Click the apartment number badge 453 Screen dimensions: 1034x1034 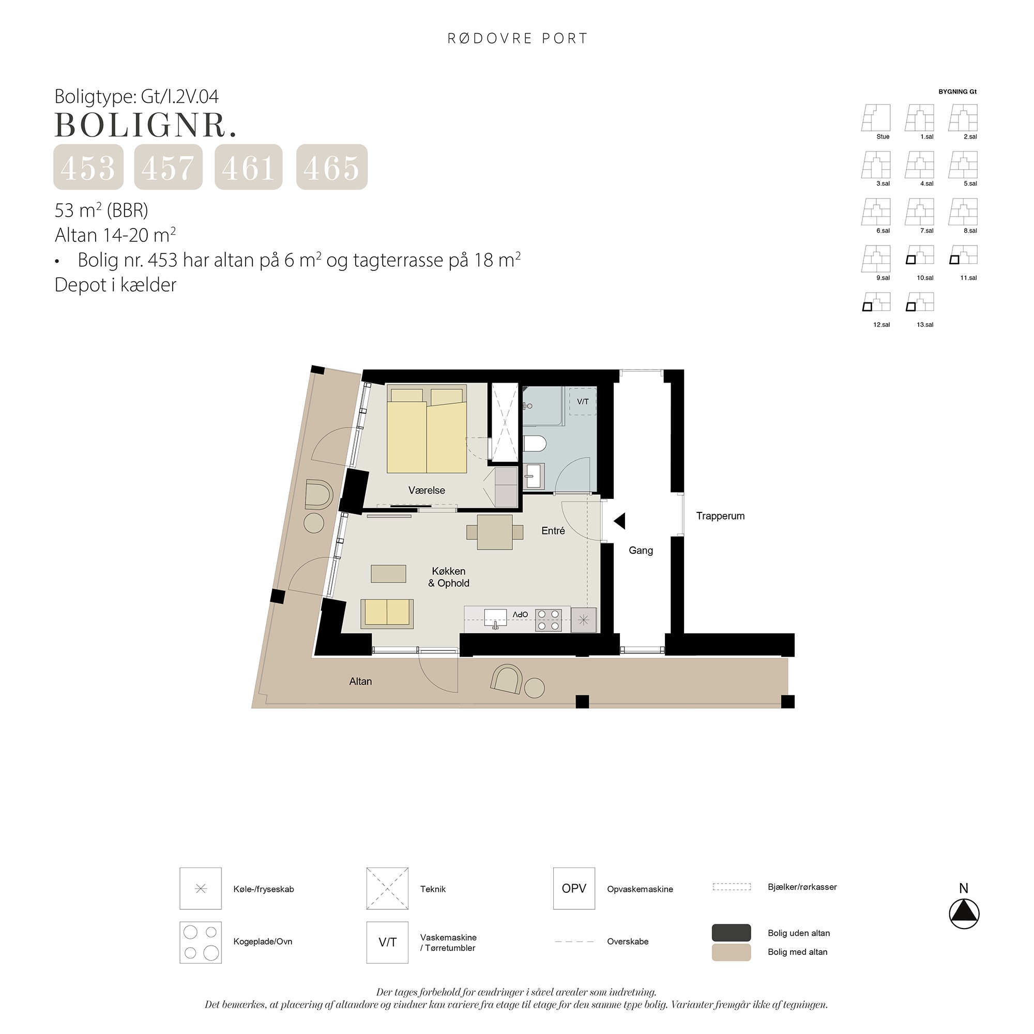point(88,167)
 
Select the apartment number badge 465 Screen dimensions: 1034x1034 point(332,167)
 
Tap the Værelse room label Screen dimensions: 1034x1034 point(427,490)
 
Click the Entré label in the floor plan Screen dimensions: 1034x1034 point(553,531)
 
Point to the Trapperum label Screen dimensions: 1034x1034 point(720,516)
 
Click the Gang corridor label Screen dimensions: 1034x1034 point(641,550)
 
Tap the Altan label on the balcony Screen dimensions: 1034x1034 point(360,681)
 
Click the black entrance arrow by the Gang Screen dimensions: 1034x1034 point(619,521)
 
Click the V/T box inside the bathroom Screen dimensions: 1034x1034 point(583,401)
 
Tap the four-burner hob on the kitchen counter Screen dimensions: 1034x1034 point(549,620)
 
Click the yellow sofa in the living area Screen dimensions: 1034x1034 point(387,614)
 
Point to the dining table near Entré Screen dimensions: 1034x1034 point(495,532)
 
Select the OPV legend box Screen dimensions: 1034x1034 point(574,888)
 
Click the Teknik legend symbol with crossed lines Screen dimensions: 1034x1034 point(387,888)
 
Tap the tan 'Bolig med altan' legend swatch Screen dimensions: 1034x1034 point(731,952)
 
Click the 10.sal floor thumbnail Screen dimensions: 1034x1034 point(919,255)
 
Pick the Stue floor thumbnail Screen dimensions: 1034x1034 point(876,118)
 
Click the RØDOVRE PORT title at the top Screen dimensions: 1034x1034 point(518,39)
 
